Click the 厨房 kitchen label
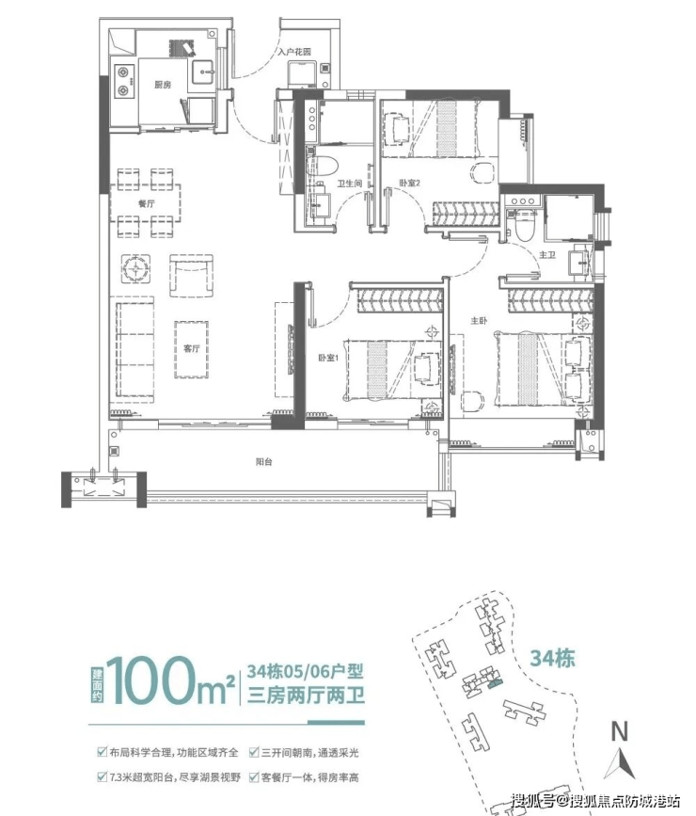[163, 85]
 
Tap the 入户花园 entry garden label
[293, 52]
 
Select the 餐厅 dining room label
[146, 203]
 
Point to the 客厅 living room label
[192, 348]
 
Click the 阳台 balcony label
[264, 461]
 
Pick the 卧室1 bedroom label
[328, 358]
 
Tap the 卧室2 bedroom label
[409, 183]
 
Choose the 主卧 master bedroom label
[479, 321]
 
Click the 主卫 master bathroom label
[547, 255]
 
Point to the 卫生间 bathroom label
[349, 184]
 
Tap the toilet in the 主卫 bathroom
[524, 226]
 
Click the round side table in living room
[136, 268]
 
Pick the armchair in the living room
[191, 276]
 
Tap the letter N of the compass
[619, 731]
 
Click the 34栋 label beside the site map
[552, 658]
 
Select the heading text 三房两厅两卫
[306, 696]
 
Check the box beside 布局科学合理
[102, 752]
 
